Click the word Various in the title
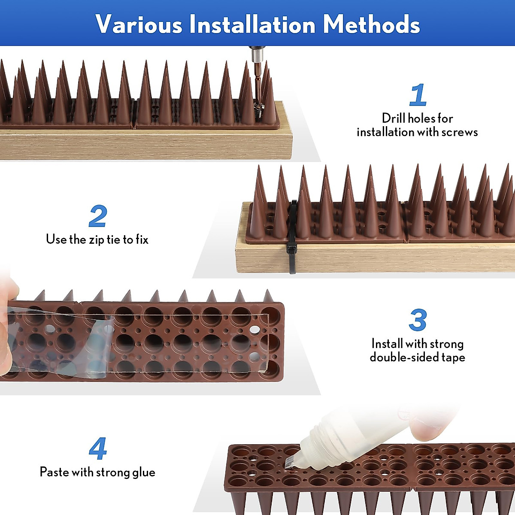click(139, 24)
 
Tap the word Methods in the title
click(372, 24)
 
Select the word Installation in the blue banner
click(252, 24)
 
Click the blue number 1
click(418, 95)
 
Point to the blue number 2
click(98, 217)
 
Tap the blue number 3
click(418, 320)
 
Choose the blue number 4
click(98, 449)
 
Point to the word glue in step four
click(144, 472)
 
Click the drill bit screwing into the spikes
click(258, 86)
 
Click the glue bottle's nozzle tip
click(289, 462)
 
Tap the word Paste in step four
click(54, 472)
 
